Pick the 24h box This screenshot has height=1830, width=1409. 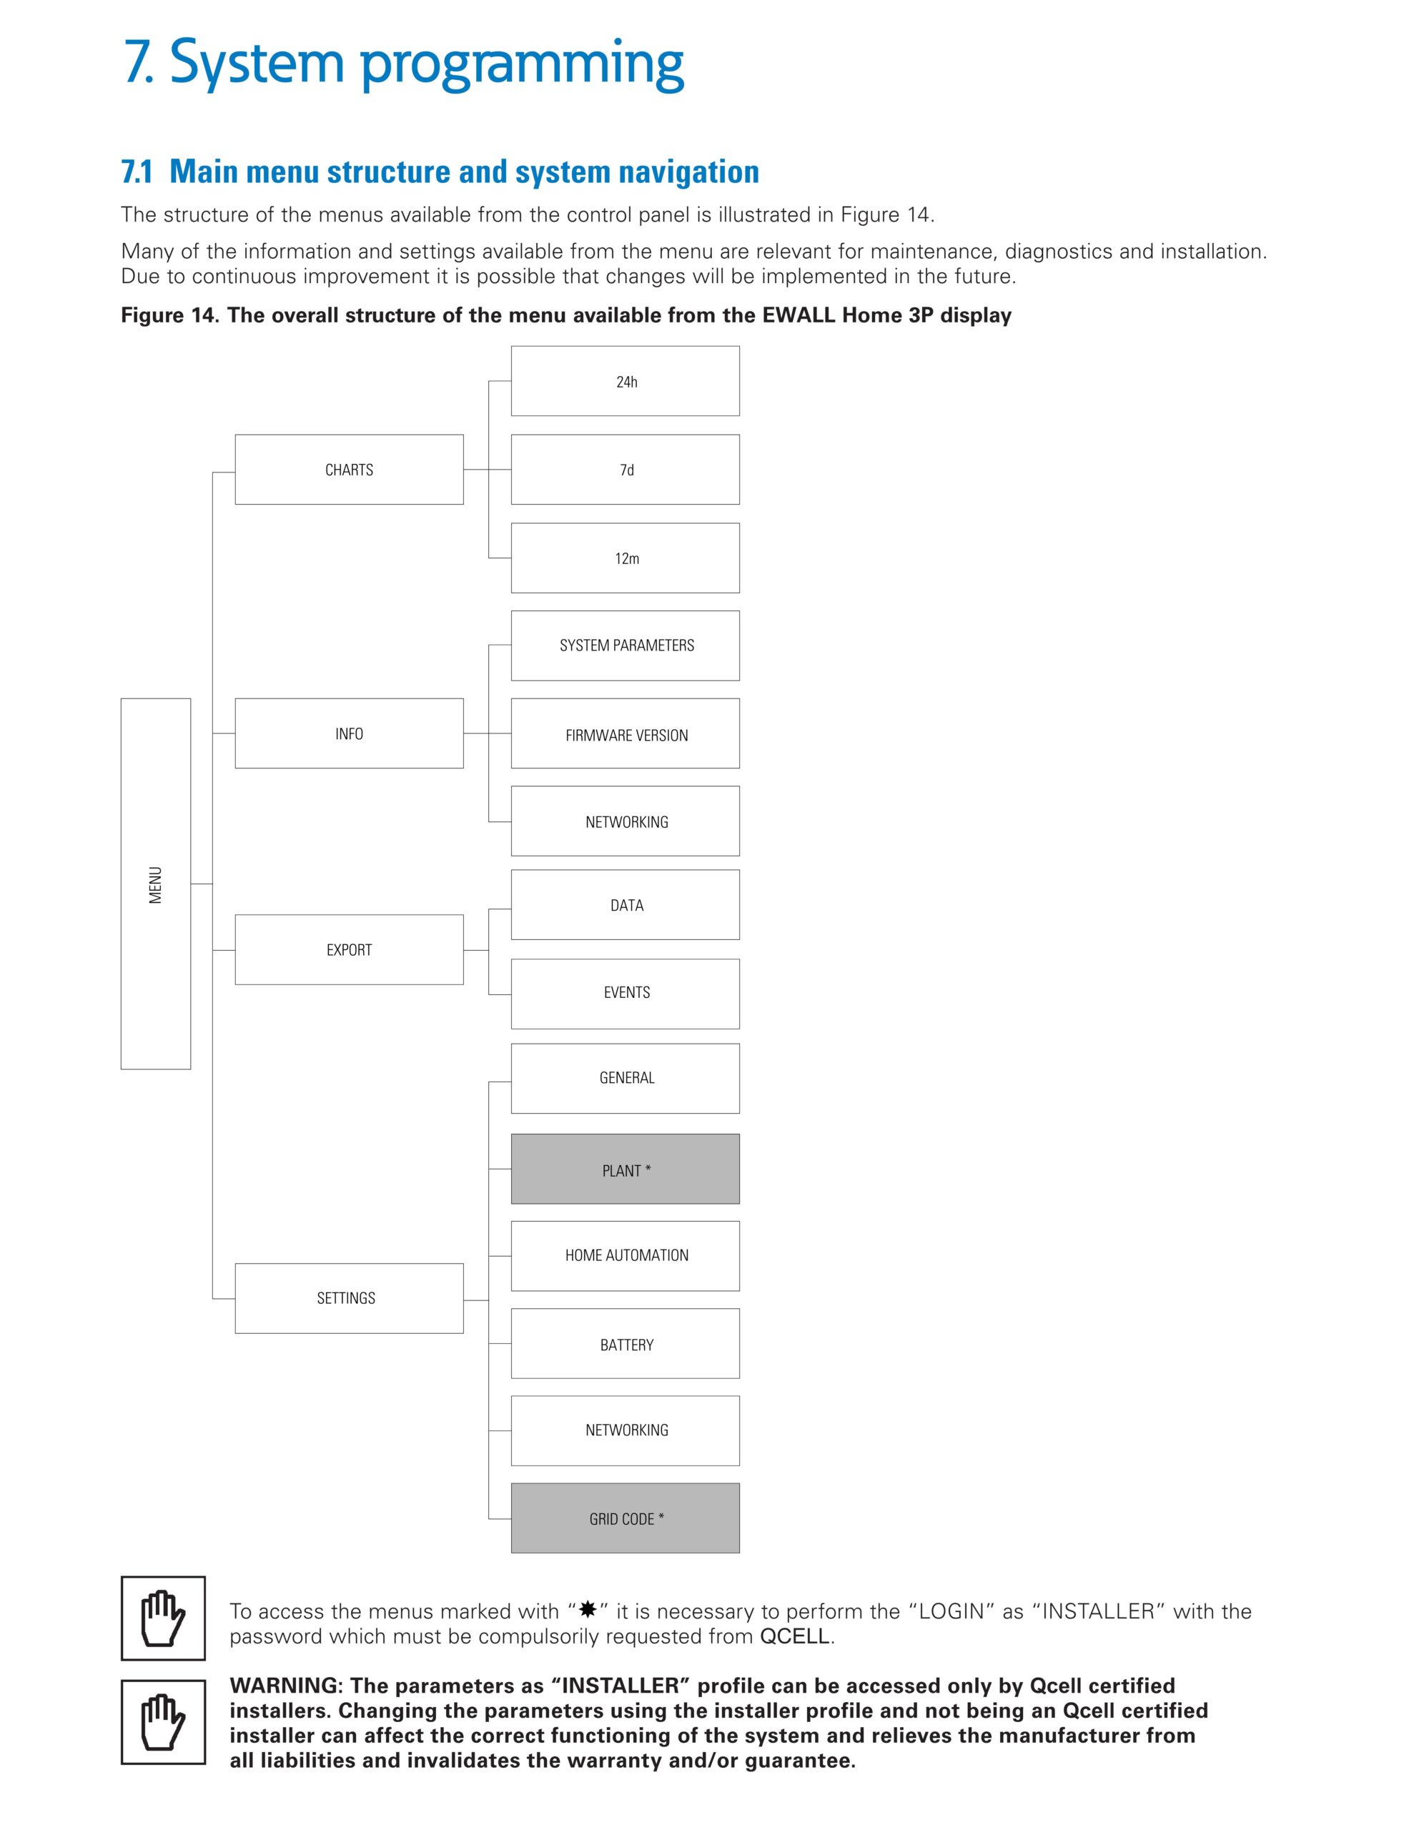tap(625, 381)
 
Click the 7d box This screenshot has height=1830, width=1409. tap(625, 469)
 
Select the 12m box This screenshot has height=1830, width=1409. tap(625, 558)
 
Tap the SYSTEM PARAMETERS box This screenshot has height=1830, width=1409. tap(625, 646)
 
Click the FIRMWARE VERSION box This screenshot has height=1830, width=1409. tap(625, 734)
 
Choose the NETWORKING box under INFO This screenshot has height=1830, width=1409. tap(625, 821)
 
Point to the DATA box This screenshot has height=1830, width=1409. tap(625, 905)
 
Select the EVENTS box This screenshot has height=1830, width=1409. tap(625, 993)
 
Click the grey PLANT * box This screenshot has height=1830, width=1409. tap(625, 1169)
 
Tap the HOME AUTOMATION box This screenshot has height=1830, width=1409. tap(625, 1255)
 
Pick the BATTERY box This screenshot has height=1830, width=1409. tap(625, 1344)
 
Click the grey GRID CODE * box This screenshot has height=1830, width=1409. tap(625, 1518)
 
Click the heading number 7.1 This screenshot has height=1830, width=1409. tap(137, 172)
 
